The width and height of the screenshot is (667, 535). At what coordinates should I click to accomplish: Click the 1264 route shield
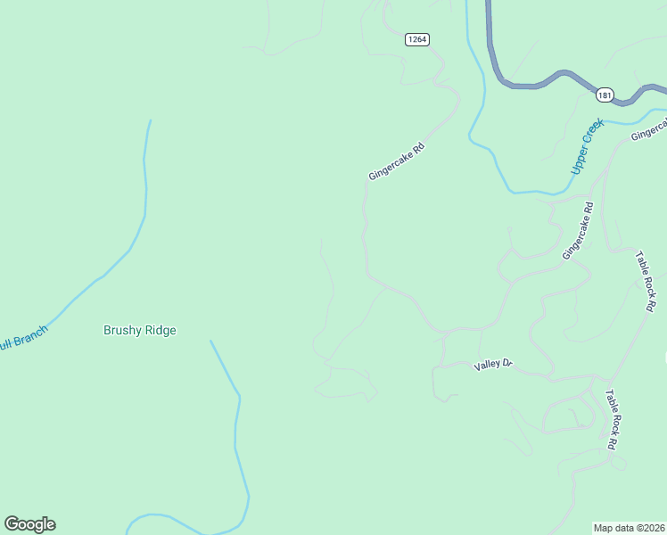tap(416, 39)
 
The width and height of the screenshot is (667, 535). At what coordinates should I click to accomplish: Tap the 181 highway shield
tap(605, 95)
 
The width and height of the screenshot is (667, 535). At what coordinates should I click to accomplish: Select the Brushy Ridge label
tap(140, 330)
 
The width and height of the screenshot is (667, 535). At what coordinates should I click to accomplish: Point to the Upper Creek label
tap(588, 146)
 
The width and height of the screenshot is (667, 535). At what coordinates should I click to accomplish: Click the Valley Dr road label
tap(494, 364)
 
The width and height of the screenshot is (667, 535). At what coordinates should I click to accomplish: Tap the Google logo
tap(29, 524)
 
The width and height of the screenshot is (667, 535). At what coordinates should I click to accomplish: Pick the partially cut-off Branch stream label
tap(23, 337)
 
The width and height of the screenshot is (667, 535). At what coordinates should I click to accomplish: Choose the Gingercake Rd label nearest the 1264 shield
tap(395, 159)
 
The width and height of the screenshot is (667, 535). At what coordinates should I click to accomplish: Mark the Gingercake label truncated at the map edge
tap(648, 130)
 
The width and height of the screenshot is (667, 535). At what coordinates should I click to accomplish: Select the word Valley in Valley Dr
tap(488, 365)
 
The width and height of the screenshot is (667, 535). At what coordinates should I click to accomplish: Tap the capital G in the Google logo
tap(12, 523)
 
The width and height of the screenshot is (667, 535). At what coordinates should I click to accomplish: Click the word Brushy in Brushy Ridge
tap(121, 330)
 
